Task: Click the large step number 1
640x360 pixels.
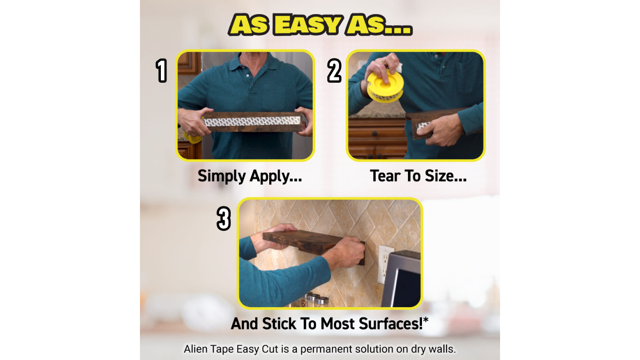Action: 161,70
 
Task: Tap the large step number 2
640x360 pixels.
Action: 334,70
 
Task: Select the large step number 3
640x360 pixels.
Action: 224,218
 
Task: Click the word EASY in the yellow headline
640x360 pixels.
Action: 308,25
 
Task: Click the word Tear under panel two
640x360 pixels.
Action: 385,176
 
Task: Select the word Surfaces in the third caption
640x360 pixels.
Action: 390,323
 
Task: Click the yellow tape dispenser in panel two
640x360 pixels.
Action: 385,86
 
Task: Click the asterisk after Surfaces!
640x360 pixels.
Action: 426,319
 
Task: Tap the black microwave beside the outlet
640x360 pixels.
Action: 403,279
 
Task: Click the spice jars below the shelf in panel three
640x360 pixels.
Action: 313,300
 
